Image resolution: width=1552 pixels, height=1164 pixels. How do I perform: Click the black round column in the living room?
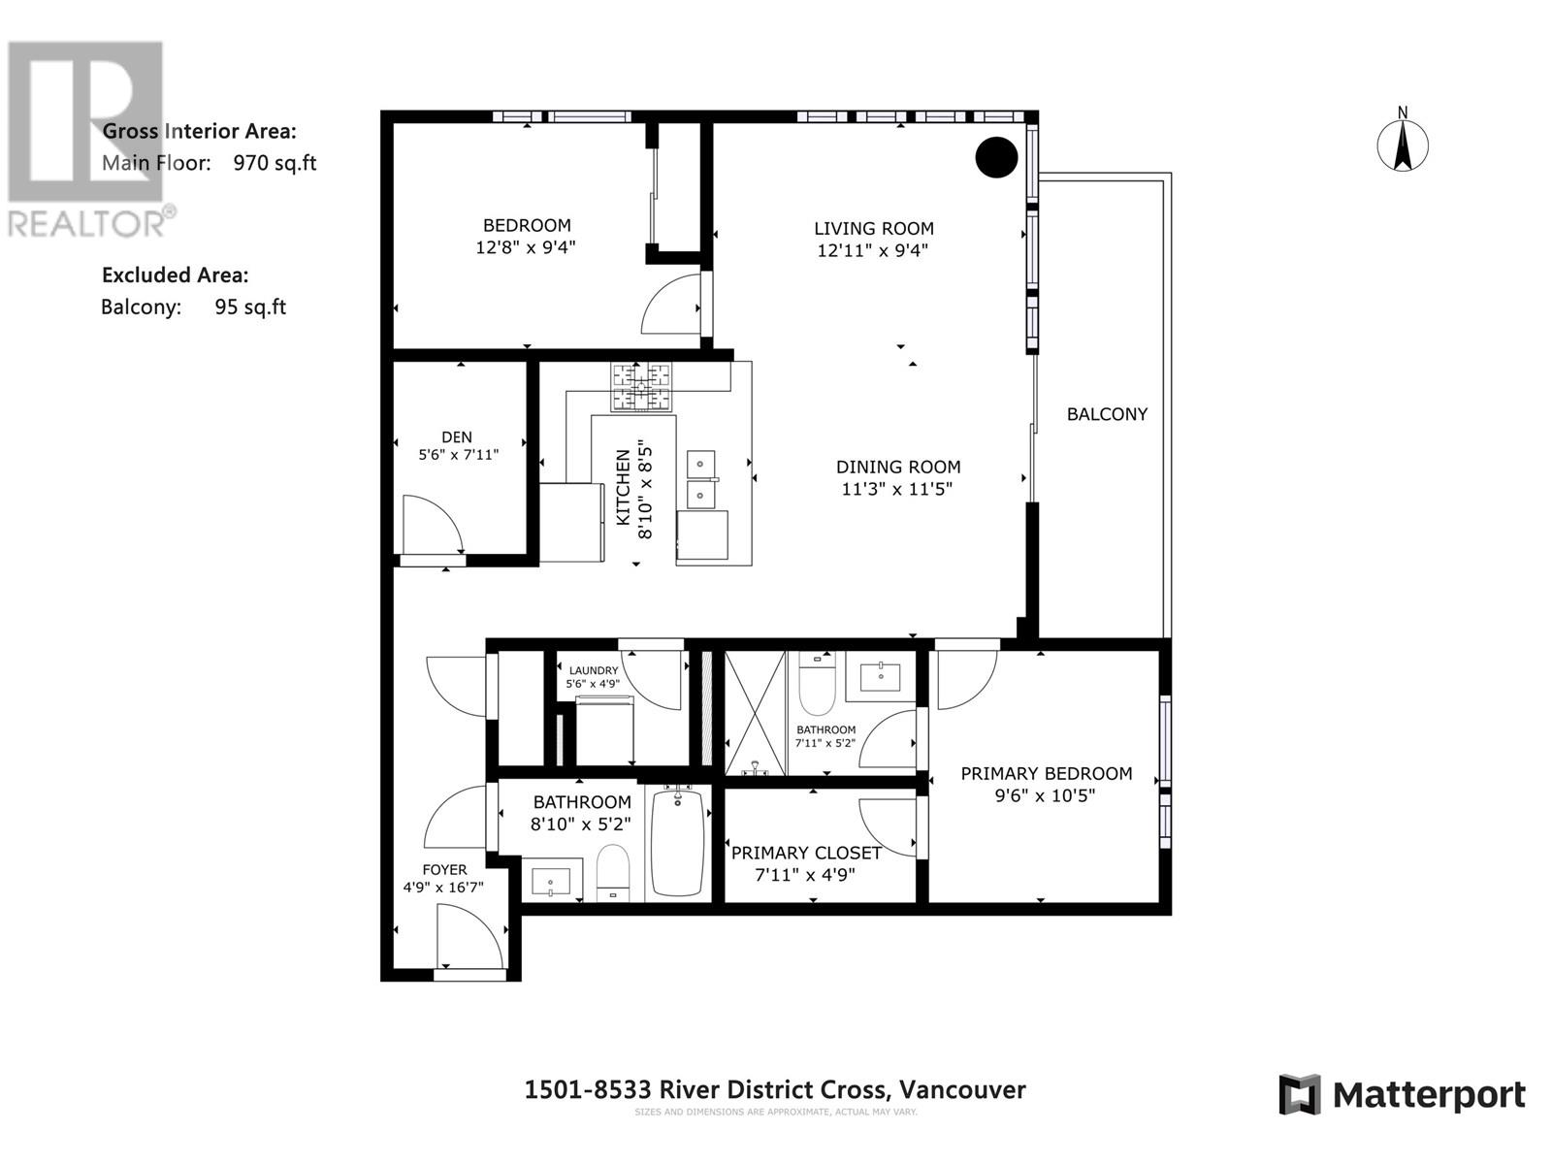[996, 157]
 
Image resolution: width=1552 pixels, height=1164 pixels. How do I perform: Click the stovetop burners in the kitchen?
[641, 387]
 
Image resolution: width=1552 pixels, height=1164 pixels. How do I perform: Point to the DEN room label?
[457, 437]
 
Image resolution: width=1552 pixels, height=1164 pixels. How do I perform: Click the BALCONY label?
[1107, 414]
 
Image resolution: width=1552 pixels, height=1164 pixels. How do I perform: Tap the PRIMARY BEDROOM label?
[1047, 773]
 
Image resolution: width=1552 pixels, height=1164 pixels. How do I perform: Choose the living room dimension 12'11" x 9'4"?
[872, 250]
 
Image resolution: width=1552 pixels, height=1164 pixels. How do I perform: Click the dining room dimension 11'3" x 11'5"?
[896, 489]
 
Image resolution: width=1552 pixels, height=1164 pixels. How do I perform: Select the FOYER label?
[444, 870]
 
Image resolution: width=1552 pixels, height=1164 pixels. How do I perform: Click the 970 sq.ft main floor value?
[275, 163]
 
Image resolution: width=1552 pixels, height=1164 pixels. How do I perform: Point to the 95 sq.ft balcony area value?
[251, 307]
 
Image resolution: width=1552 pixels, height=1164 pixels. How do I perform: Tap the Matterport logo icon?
[1300, 1095]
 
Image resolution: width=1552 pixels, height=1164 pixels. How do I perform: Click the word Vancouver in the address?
[962, 1089]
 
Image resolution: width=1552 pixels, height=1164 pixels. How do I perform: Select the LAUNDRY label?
[594, 670]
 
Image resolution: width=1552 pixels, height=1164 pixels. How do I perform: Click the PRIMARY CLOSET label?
[806, 853]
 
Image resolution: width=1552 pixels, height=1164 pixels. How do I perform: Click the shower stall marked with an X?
[755, 713]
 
